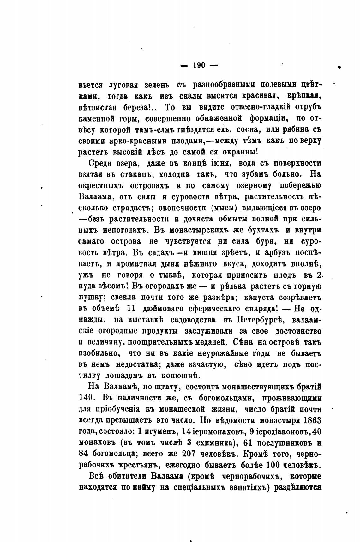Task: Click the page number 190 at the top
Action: pyautogui.click(x=199, y=65)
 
